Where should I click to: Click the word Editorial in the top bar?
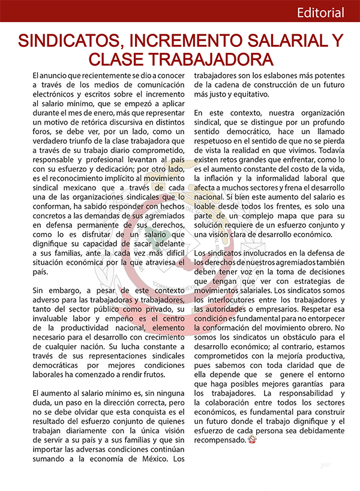(320, 13)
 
